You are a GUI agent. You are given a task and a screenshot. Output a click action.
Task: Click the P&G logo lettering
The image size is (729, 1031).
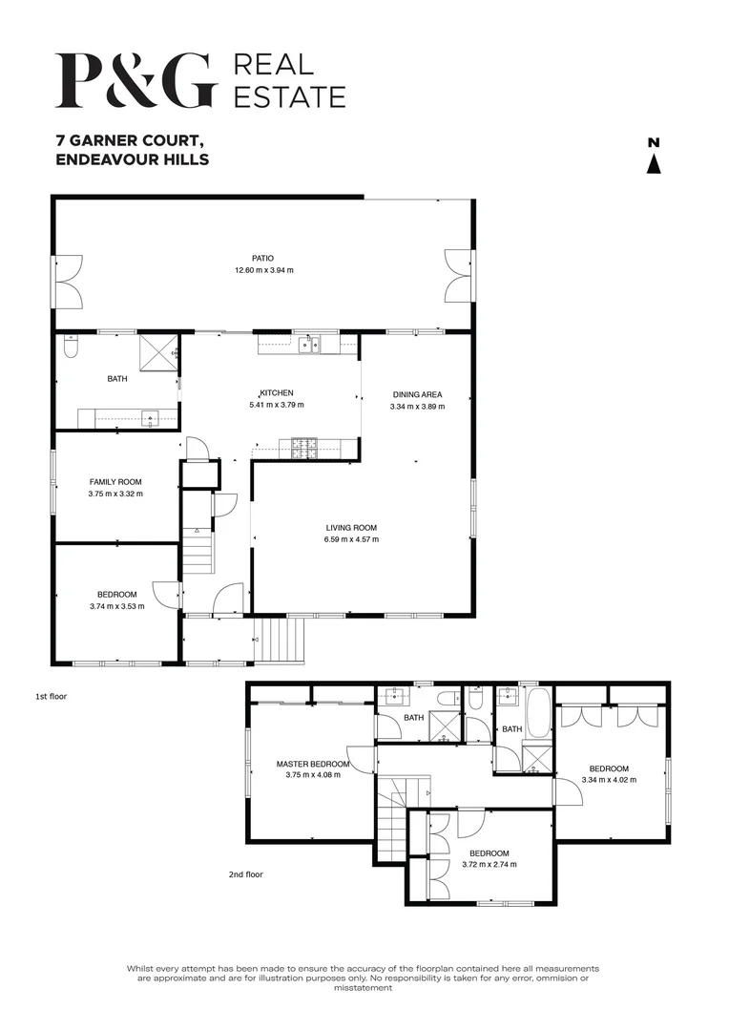tap(136, 79)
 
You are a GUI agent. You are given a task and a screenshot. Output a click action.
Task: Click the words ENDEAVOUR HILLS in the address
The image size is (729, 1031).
tap(132, 159)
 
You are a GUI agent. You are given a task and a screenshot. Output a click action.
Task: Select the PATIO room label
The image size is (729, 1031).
tap(262, 258)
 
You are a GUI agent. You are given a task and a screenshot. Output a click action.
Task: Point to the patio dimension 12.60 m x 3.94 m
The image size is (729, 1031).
tap(264, 270)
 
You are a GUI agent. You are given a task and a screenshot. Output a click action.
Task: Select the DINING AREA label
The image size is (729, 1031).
tap(417, 394)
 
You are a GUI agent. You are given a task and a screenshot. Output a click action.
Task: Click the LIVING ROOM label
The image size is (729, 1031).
tap(350, 527)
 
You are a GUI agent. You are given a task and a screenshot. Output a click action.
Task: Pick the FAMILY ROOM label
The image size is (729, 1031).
tap(115, 482)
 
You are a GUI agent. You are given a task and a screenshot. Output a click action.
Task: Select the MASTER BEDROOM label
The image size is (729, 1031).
tap(312, 764)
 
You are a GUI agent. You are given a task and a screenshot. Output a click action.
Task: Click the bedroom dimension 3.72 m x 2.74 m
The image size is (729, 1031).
tap(489, 865)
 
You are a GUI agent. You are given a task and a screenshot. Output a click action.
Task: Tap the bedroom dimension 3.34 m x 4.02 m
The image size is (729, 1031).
tap(608, 780)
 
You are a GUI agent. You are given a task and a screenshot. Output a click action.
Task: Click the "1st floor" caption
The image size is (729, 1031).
tap(52, 696)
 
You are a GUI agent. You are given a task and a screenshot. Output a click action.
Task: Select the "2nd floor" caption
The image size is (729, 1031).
tap(245, 873)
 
